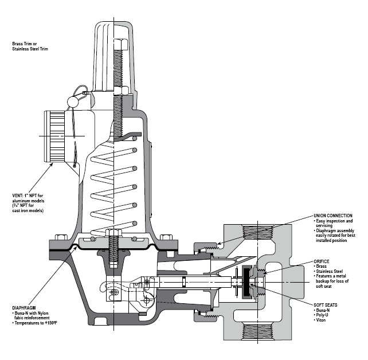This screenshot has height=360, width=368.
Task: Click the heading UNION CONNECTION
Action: [x=331, y=216]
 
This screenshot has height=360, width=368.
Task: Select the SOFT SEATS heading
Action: [x=326, y=304]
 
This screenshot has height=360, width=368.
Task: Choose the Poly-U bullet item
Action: [x=323, y=315]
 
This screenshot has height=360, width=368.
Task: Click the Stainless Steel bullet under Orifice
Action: [x=330, y=271]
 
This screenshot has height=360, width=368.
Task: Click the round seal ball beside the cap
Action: [x=73, y=101]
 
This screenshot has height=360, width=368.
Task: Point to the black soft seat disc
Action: [x=248, y=282]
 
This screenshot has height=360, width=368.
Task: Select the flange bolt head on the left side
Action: [x=59, y=236]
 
